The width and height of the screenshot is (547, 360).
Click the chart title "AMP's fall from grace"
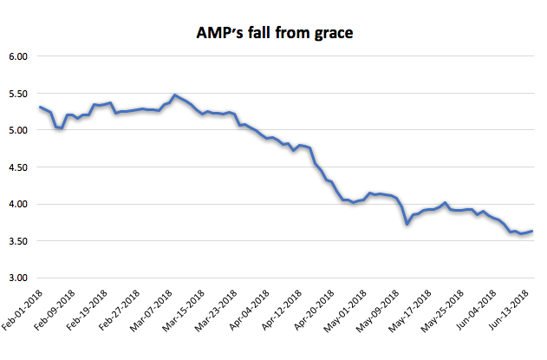click(274, 34)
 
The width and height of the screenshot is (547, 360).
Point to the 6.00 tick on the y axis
click(18, 56)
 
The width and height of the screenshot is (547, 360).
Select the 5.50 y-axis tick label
click(18, 94)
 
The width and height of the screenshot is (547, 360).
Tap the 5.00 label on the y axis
click(18, 130)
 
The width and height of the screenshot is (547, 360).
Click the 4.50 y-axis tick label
click(18, 167)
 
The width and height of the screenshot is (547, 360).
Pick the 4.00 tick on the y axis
click(18, 204)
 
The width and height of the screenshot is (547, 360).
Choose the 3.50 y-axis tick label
click(18, 241)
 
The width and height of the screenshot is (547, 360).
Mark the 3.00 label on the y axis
click(18, 278)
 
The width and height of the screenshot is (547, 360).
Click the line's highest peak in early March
click(175, 95)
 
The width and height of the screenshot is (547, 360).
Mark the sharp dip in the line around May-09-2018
click(407, 224)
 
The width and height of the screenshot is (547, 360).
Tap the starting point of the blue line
click(40, 107)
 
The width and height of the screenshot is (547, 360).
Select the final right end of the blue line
click(531, 232)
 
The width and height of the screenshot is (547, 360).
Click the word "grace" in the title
click(329, 35)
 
